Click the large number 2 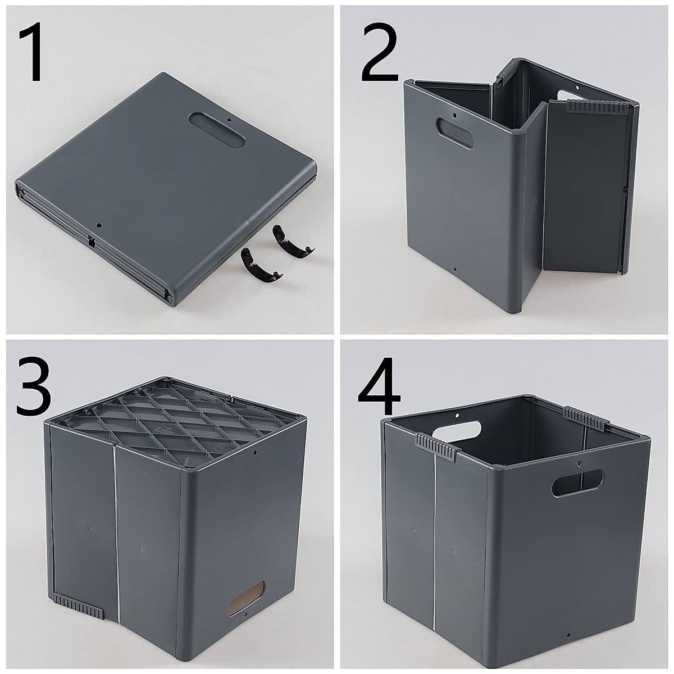[x=379, y=53]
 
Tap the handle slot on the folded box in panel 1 [x=217, y=130]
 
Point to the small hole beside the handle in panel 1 [x=229, y=119]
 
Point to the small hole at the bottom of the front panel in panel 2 [x=455, y=269]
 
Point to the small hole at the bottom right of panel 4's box [x=568, y=635]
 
